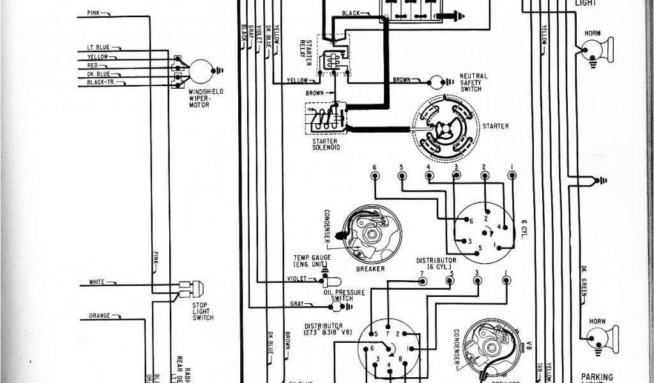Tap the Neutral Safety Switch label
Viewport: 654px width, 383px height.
coord(473,82)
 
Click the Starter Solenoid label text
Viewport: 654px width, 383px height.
coord(326,144)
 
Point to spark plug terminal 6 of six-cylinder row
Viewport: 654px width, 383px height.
coord(375,176)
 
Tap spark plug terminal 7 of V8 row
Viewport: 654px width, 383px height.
coord(422,281)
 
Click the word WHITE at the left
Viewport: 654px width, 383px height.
coord(97,282)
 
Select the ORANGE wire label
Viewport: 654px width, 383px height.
coord(100,315)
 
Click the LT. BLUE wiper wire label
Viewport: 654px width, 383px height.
coord(98,47)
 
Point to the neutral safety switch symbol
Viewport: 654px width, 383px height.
coord(437,81)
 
